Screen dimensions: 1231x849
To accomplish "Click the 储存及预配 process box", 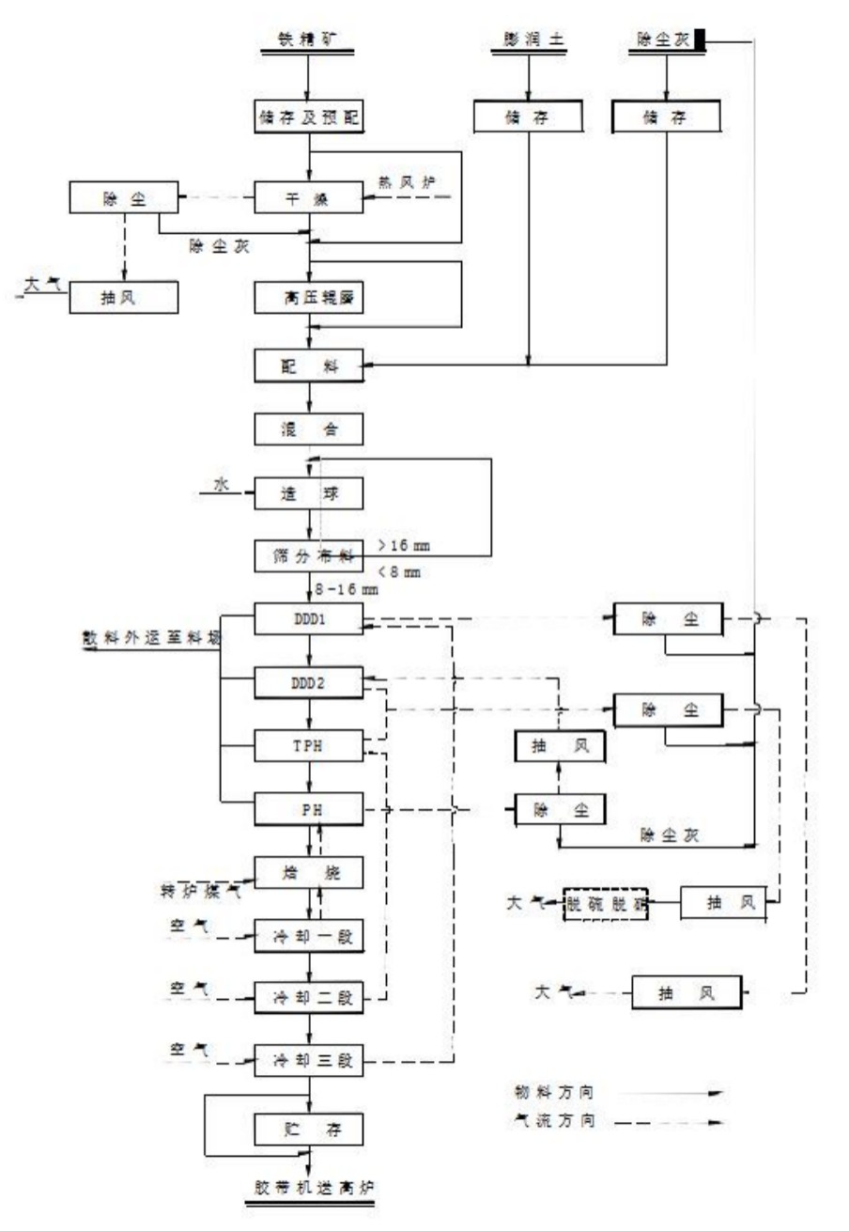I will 308,118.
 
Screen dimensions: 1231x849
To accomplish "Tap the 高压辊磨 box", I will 308,298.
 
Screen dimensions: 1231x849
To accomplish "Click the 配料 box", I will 308,365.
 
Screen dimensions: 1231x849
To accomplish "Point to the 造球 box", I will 308,492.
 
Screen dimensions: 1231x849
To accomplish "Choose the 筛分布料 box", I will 308,555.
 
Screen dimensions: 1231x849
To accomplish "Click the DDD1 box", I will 308,618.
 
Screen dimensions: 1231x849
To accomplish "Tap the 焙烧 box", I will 308,872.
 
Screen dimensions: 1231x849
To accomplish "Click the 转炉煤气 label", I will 193,889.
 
